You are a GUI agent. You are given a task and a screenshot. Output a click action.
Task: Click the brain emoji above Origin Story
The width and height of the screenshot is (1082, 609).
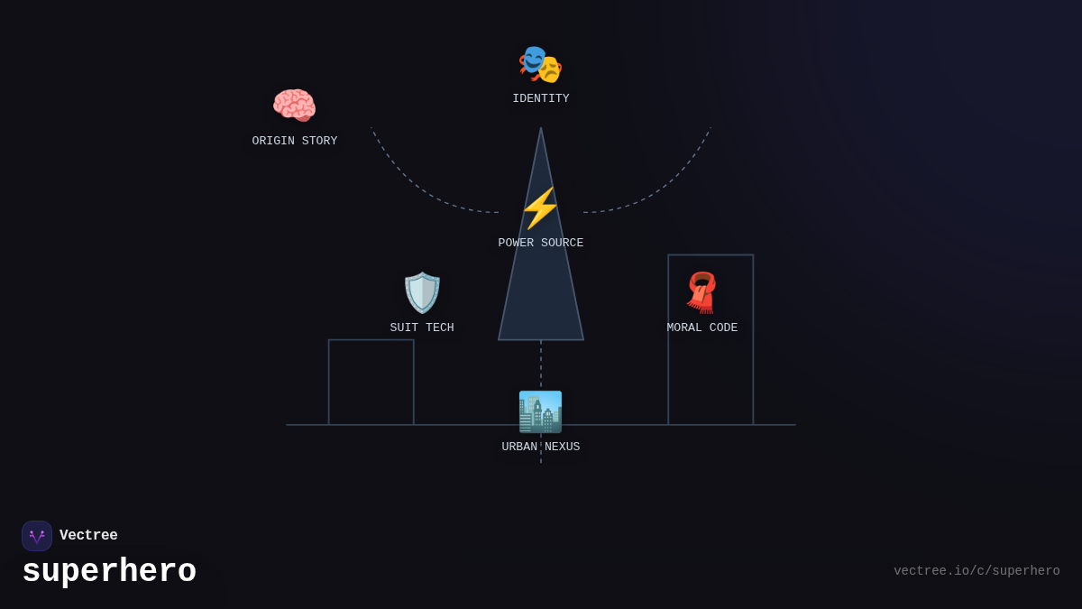point(294,106)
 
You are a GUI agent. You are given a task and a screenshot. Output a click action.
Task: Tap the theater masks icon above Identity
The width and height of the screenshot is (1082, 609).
point(540,64)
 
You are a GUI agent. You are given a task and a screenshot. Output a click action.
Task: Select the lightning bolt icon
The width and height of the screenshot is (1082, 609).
point(540,208)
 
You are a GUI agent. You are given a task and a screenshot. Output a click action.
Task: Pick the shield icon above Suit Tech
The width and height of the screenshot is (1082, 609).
point(422,293)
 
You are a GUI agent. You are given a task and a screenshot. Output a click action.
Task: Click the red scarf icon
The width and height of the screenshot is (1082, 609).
point(701,292)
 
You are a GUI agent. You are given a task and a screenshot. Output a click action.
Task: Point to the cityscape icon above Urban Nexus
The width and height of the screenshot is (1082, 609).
point(540,411)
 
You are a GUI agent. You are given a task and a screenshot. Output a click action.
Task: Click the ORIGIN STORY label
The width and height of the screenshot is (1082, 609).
point(295,142)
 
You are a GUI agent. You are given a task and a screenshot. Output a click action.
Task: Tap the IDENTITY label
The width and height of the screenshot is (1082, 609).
point(541,99)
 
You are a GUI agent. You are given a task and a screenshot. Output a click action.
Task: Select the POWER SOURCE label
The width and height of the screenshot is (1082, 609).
point(541,244)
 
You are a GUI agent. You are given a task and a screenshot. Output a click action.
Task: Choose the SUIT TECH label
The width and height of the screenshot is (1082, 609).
point(422,328)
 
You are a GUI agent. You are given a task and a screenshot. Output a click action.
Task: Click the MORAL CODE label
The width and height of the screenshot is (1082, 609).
point(702,328)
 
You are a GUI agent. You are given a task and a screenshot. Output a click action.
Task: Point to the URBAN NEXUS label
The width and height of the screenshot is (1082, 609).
point(541,448)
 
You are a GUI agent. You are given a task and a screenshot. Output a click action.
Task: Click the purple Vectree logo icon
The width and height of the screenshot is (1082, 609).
point(37,536)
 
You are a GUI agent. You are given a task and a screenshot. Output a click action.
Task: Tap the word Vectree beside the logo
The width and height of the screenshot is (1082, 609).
point(88,536)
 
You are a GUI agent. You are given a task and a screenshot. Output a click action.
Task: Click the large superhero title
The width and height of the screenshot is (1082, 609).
point(109,572)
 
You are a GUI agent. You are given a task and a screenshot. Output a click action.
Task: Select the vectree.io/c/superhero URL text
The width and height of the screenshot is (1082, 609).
point(977,571)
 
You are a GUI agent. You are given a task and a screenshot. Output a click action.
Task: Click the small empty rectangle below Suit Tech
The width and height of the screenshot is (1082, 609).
point(371,383)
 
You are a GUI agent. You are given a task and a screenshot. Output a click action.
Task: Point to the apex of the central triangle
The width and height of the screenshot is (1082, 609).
point(541,129)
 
